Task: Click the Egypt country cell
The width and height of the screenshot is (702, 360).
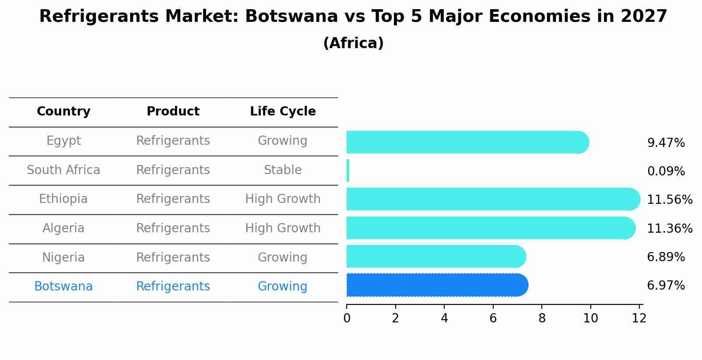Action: pos(63,141)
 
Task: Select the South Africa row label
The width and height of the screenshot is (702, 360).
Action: pos(63,170)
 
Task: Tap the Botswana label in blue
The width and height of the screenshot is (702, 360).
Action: pos(63,287)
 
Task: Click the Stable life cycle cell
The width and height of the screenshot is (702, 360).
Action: pos(283,170)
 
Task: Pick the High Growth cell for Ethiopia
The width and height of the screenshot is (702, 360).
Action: pos(283,199)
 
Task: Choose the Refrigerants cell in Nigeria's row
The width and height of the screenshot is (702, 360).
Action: pos(173,258)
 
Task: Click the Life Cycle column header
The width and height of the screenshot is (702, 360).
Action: pos(283,112)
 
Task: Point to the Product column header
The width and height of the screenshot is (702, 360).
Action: pos(173,112)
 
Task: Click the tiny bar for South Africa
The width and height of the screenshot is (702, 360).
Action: pos(348,171)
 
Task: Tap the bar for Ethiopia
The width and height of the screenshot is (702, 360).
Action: pos(492,199)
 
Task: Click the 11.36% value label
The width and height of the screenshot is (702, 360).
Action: pos(670,229)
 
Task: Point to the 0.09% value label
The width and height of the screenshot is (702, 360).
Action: pos(666,171)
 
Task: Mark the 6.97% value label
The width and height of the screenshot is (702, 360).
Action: pos(666,286)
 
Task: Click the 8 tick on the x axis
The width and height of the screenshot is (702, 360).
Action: pos(542,318)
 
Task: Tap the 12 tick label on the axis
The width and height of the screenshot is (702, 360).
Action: pos(639,318)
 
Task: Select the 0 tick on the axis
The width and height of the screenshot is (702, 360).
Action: pos(347,318)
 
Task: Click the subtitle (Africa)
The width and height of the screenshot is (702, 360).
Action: pos(353,43)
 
